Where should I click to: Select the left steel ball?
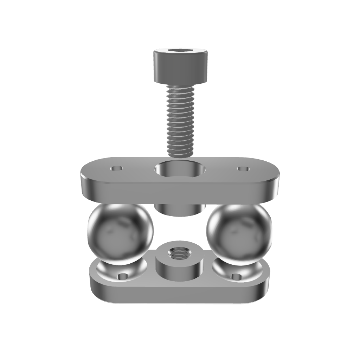point(120,232)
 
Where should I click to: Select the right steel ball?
point(239,232)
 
